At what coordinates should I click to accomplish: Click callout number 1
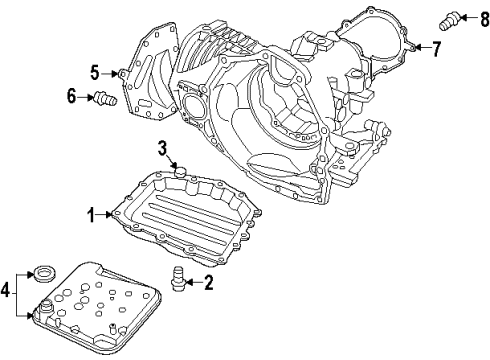(x=89, y=214)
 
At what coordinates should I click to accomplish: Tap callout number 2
(x=209, y=284)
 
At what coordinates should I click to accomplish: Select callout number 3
(x=160, y=150)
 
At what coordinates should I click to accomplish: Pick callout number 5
(x=95, y=72)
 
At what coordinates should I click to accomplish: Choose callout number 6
(x=71, y=96)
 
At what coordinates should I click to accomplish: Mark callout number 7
(x=435, y=47)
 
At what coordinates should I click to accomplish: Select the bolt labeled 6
(x=100, y=98)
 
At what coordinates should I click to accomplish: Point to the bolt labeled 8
(x=450, y=17)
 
